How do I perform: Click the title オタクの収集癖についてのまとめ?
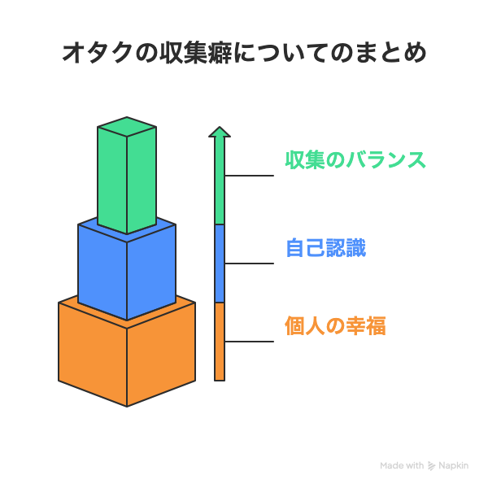(x=244, y=53)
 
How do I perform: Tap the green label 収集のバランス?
(x=355, y=160)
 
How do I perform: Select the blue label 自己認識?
(x=326, y=248)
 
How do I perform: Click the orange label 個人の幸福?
(x=335, y=325)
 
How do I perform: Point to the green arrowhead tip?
(x=220, y=127)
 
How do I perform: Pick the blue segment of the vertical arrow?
(x=220, y=264)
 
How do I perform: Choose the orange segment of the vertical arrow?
(x=220, y=342)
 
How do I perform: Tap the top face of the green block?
(x=127, y=127)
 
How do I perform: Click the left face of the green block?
(x=112, y=180)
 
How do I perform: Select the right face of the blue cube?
(x=151, y=272)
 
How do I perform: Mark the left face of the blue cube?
(x=102, y=272)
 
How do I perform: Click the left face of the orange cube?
(x=93, y=355)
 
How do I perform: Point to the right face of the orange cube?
(x=161, y=355)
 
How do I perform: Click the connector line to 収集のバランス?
(x=249, y=176)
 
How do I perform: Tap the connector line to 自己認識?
(x=249, y=264)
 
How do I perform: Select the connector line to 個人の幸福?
(x=249, y=342)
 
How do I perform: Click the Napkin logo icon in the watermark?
(x=431, y=465)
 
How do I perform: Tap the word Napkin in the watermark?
(x=454, y=465)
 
